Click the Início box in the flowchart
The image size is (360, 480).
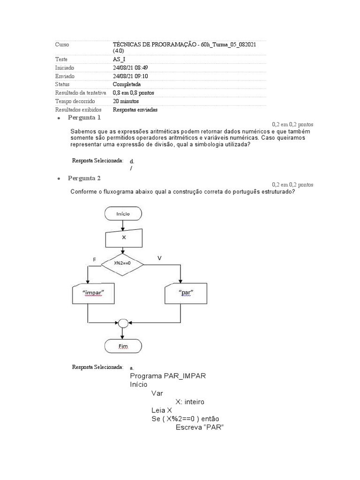click(x=123, y=214)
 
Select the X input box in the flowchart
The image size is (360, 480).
click(x=124, y=238)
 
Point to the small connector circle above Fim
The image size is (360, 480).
click(x=123, y=323)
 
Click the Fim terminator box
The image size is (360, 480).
click(x=123, y=347)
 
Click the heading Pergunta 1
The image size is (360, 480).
click(x=84, y=118)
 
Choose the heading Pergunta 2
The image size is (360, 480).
click(x=84, y=178)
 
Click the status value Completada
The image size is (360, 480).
click(x=127, y=84)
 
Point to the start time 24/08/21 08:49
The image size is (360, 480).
click(x=130, y=68)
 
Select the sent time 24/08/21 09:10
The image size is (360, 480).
click(x=130, y=76)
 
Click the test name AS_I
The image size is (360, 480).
click(x=119, y=60)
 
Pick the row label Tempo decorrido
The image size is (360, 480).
click(x=75, y=101)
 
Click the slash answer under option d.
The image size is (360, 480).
click(x=132, y=168)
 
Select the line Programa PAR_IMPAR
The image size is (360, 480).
click(x=168, y=376)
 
